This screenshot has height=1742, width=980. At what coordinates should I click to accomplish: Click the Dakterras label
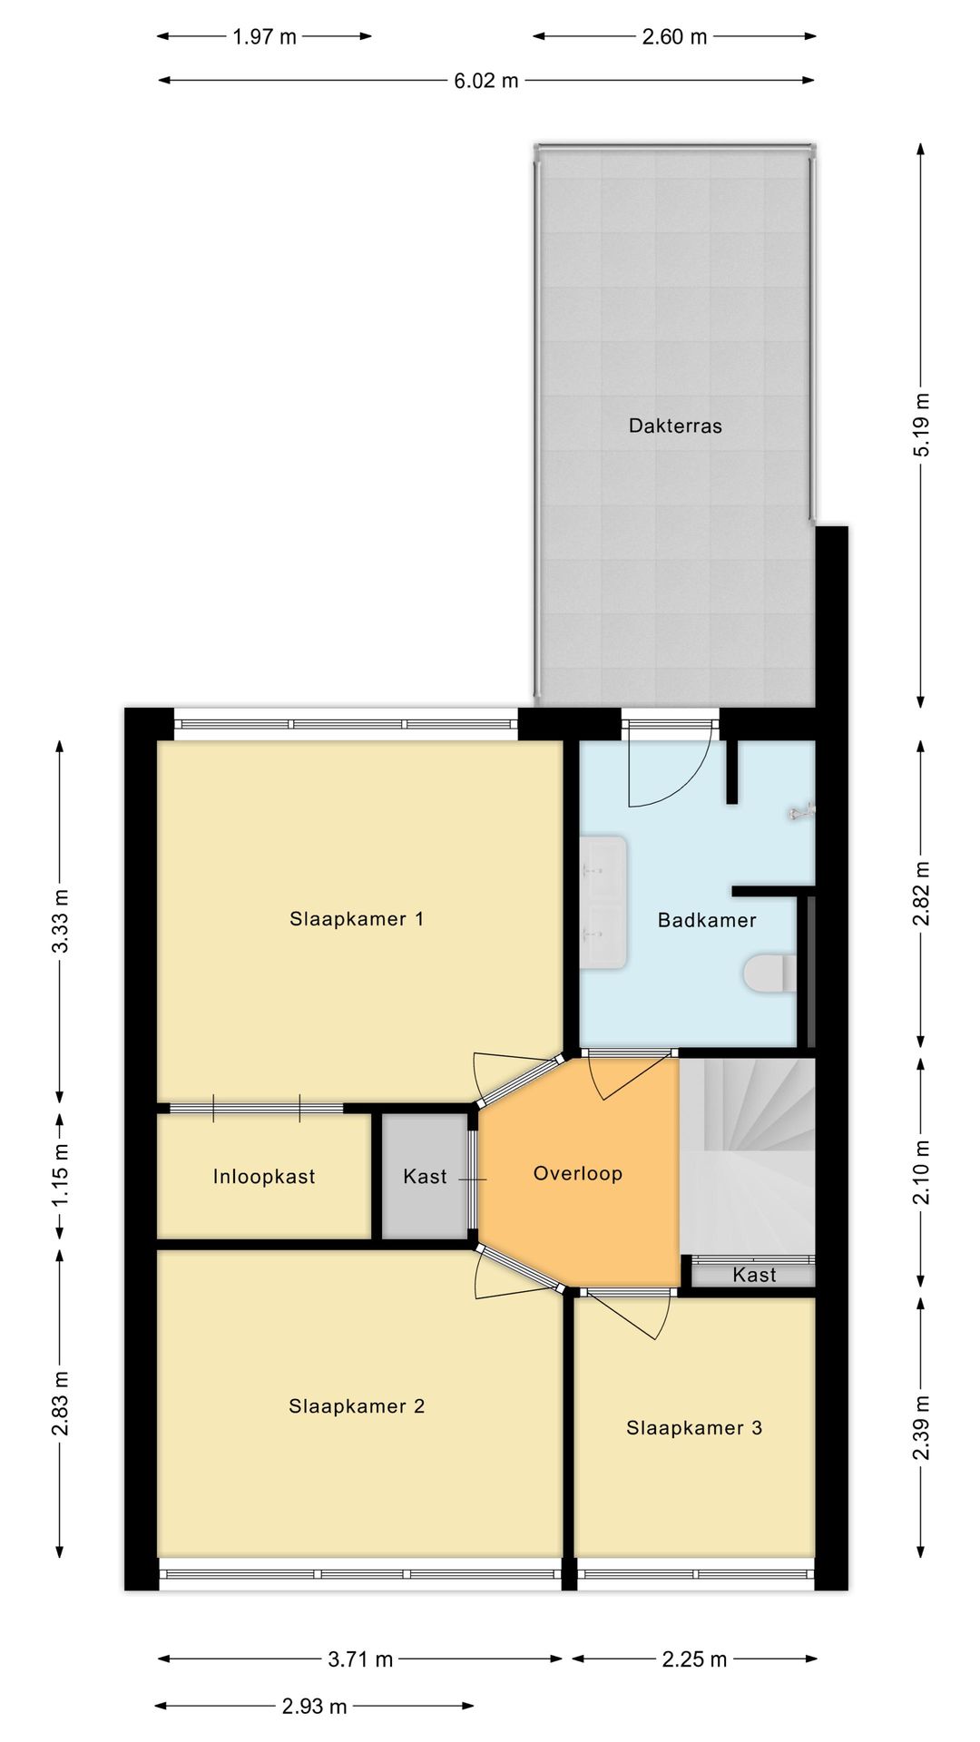coord(675,426)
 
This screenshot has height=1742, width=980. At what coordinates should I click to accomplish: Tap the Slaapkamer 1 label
coord(357,919)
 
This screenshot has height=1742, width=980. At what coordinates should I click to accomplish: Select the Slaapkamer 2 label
coord(357,1406)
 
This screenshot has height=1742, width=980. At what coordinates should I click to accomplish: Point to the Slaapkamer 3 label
coord(694,1428)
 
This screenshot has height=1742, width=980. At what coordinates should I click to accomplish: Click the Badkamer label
coord(707,920)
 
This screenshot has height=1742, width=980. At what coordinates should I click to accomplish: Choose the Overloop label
coord(578,1174)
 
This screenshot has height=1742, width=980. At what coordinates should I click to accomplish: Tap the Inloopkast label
coord(264,1177)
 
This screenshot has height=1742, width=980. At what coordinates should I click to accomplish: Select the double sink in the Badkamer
coord(603,902)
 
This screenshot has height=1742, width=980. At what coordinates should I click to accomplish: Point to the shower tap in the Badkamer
coord(802,812)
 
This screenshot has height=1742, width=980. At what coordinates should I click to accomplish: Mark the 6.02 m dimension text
coord(486,81)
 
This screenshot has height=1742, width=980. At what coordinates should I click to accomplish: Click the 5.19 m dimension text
coord(921,426)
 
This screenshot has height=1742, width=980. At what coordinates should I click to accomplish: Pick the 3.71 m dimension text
coord(360,1659)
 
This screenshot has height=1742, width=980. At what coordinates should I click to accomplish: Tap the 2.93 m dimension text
coord(314,1707)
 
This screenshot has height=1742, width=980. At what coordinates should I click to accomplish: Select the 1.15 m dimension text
coord(60,1176)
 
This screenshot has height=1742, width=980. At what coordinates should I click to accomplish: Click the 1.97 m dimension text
coord(264,37)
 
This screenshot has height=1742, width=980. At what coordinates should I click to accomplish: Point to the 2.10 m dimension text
coord(921,1171)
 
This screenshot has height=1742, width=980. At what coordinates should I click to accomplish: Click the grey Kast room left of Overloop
coord(424,1176)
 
